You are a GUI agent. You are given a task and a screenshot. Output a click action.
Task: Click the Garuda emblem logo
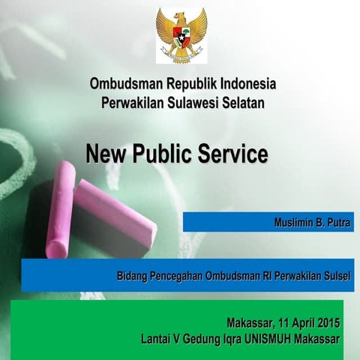[181, 35]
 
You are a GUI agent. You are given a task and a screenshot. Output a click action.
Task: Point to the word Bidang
[132, 276]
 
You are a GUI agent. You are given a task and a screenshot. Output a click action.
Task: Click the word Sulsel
[336, 276]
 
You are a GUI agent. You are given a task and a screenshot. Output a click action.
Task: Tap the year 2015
[326, 323]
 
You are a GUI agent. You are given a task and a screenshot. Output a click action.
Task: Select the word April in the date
[293, 323]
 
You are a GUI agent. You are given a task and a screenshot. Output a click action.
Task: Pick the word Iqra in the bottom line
[232, 339]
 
